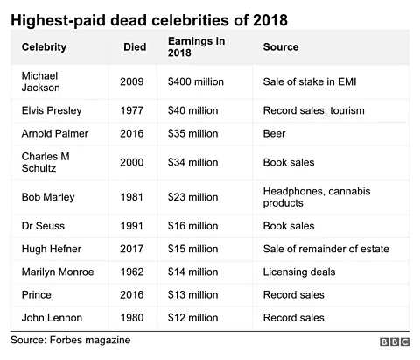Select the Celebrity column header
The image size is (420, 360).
pyautogui.click(x=44, y=46)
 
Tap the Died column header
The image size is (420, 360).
pyautogui.click(x=135, y=46)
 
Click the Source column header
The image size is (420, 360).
pyautogui.click(x=281, y=46)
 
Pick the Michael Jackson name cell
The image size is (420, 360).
pyautogui.click(x=43, y=81)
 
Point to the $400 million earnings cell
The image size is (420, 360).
pyautogui.click(x=196, y=81)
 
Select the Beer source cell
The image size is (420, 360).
pyautogui.click(x=276, y=134)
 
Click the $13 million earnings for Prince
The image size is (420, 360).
pyautogui.click(x=192, y=295)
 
